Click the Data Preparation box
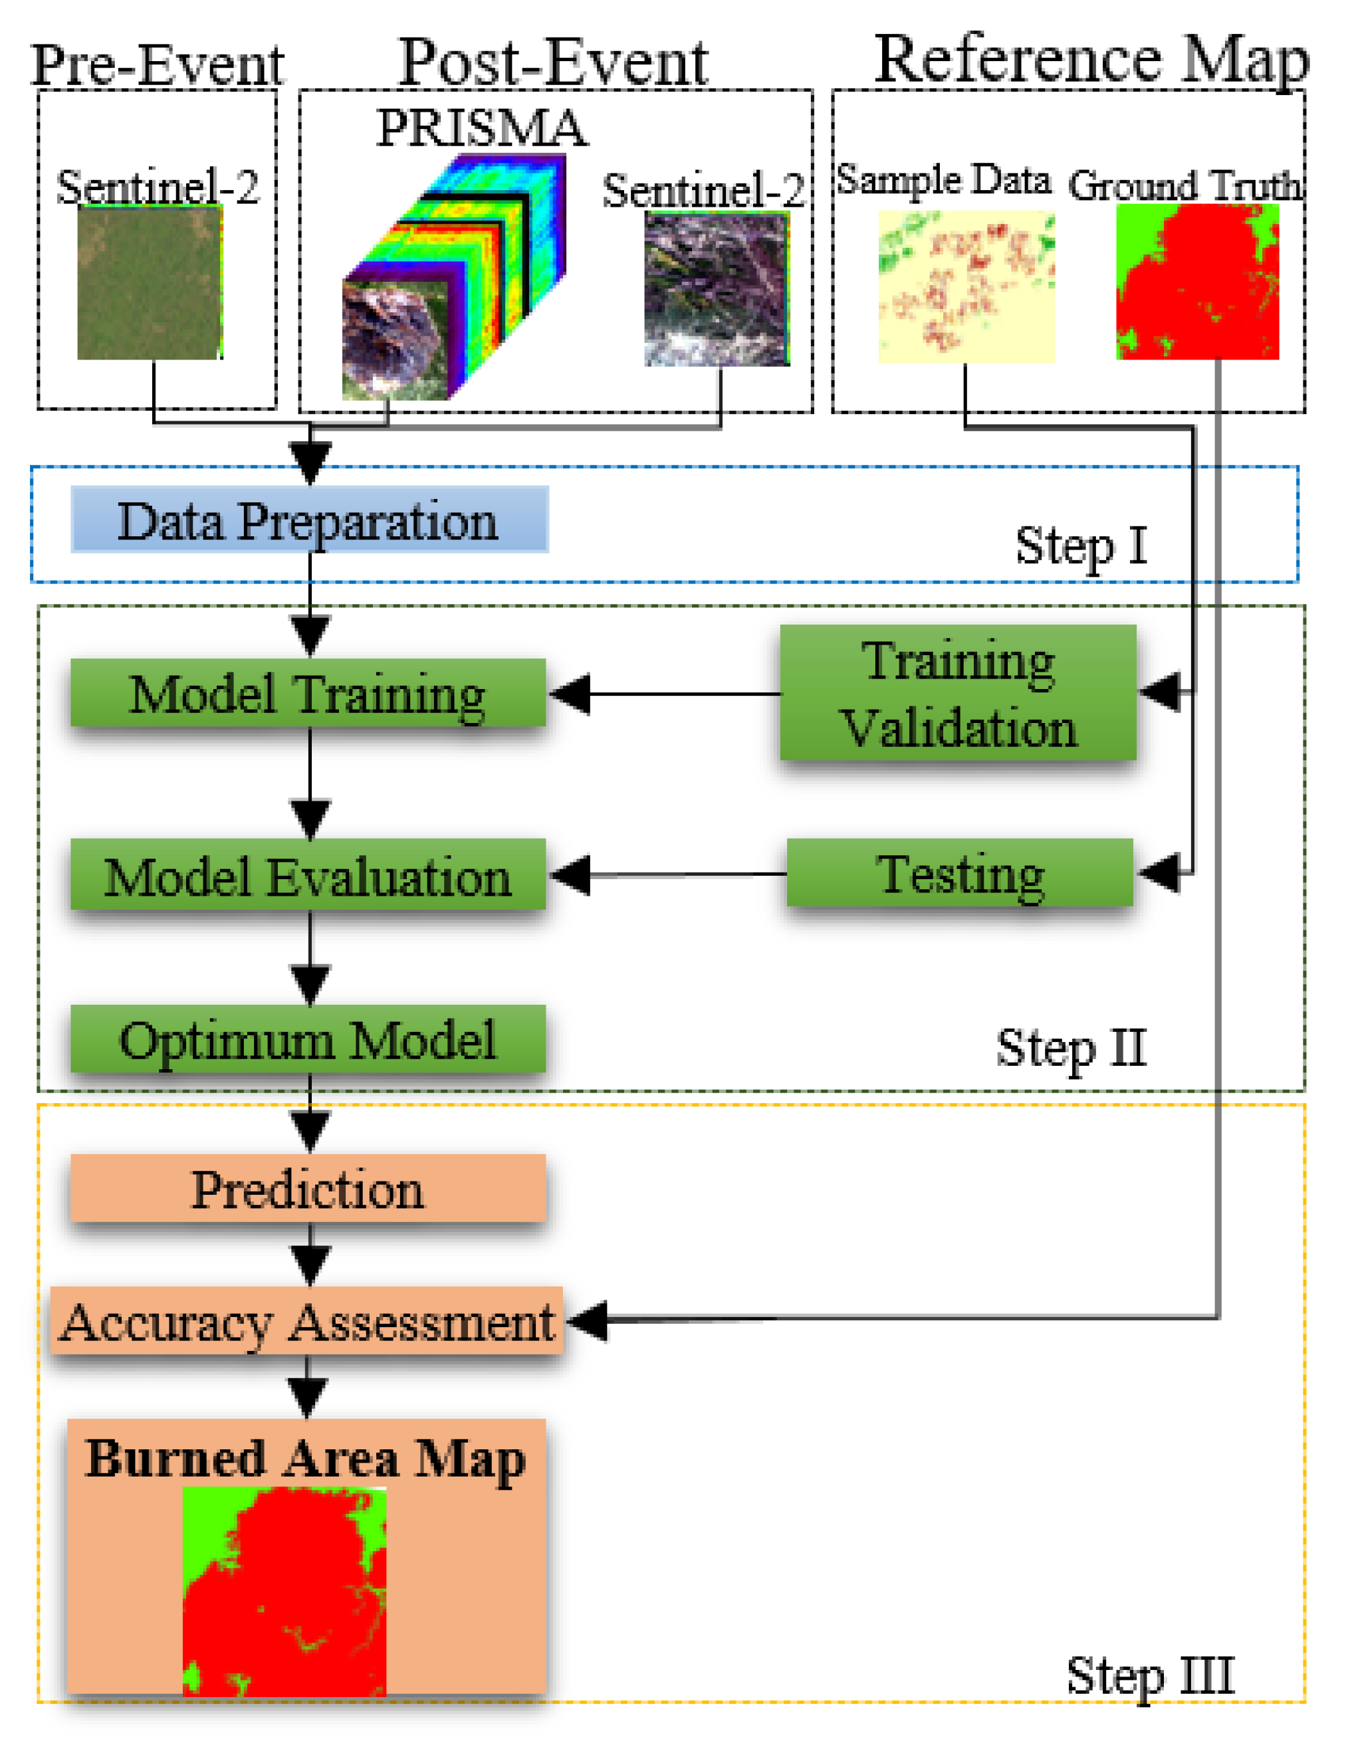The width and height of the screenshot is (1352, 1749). [x=309, y=519]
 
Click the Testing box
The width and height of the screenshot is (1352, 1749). [x=960, y=873]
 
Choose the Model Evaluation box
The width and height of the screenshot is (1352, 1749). [x=308, y=874]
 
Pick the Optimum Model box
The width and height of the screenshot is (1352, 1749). [x=308, y=1039]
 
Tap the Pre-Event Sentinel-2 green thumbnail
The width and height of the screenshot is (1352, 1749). [x=150, y=282]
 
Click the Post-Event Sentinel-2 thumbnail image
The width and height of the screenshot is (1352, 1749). [x=717, y=288]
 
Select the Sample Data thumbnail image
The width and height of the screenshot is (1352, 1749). [x=966, y=286]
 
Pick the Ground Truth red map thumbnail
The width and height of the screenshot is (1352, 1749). [x=1196, y=281]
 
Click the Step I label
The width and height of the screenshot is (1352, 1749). [x=1081, y=546]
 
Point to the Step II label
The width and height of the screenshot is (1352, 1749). [x=1071, y=1047]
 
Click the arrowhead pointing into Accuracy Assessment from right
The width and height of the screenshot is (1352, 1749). [x=586, y=1320]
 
